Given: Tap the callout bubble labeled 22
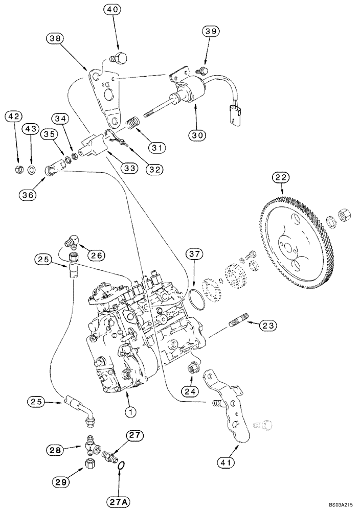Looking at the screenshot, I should click(x=282, y=178).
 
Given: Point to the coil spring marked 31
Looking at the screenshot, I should click(x=132, y=124).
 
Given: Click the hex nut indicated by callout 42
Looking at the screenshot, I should click(x=15, y=169).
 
